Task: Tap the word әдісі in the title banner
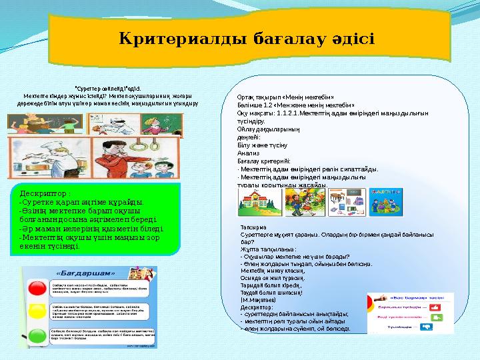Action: (x=348, y=39)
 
